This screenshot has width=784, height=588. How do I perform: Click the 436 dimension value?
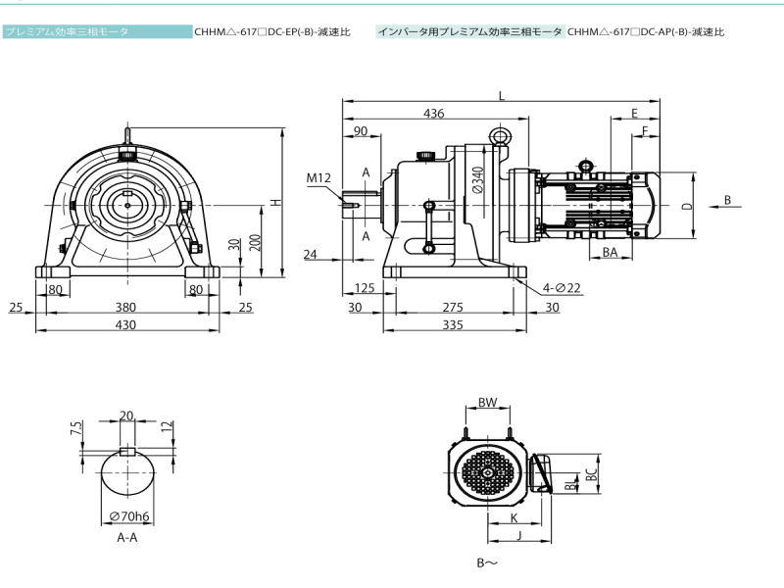[x=433, y=114]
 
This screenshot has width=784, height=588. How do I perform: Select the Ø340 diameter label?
[x=477, y=183]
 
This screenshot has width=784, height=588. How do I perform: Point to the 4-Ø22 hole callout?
[x=562, y=287]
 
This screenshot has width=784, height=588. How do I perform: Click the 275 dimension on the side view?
[x=452, y=307]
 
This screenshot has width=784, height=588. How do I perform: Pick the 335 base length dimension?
[x=452, y=324]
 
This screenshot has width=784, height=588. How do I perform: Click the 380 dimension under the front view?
[x=125, y=307]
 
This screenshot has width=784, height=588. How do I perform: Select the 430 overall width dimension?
[x=125, y=324]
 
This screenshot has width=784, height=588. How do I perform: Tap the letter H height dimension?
[x=276, y=201]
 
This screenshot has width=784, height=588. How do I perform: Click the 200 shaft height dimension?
[x=255, y=242]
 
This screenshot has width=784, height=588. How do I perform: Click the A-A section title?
[x=127, y=538]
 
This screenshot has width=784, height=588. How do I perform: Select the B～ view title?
[x=487, y=563]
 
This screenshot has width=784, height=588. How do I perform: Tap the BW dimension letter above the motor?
[x=487, y=403]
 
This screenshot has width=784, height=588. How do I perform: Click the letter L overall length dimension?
[x=501, y=96]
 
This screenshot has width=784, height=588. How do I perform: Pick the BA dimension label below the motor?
[x=610, y=252]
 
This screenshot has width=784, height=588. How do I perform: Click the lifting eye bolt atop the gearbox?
[x=501, y=137]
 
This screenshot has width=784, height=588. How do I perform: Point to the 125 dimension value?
[x=365, y=287]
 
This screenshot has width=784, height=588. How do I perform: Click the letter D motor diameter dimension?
[x=688, y=206]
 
